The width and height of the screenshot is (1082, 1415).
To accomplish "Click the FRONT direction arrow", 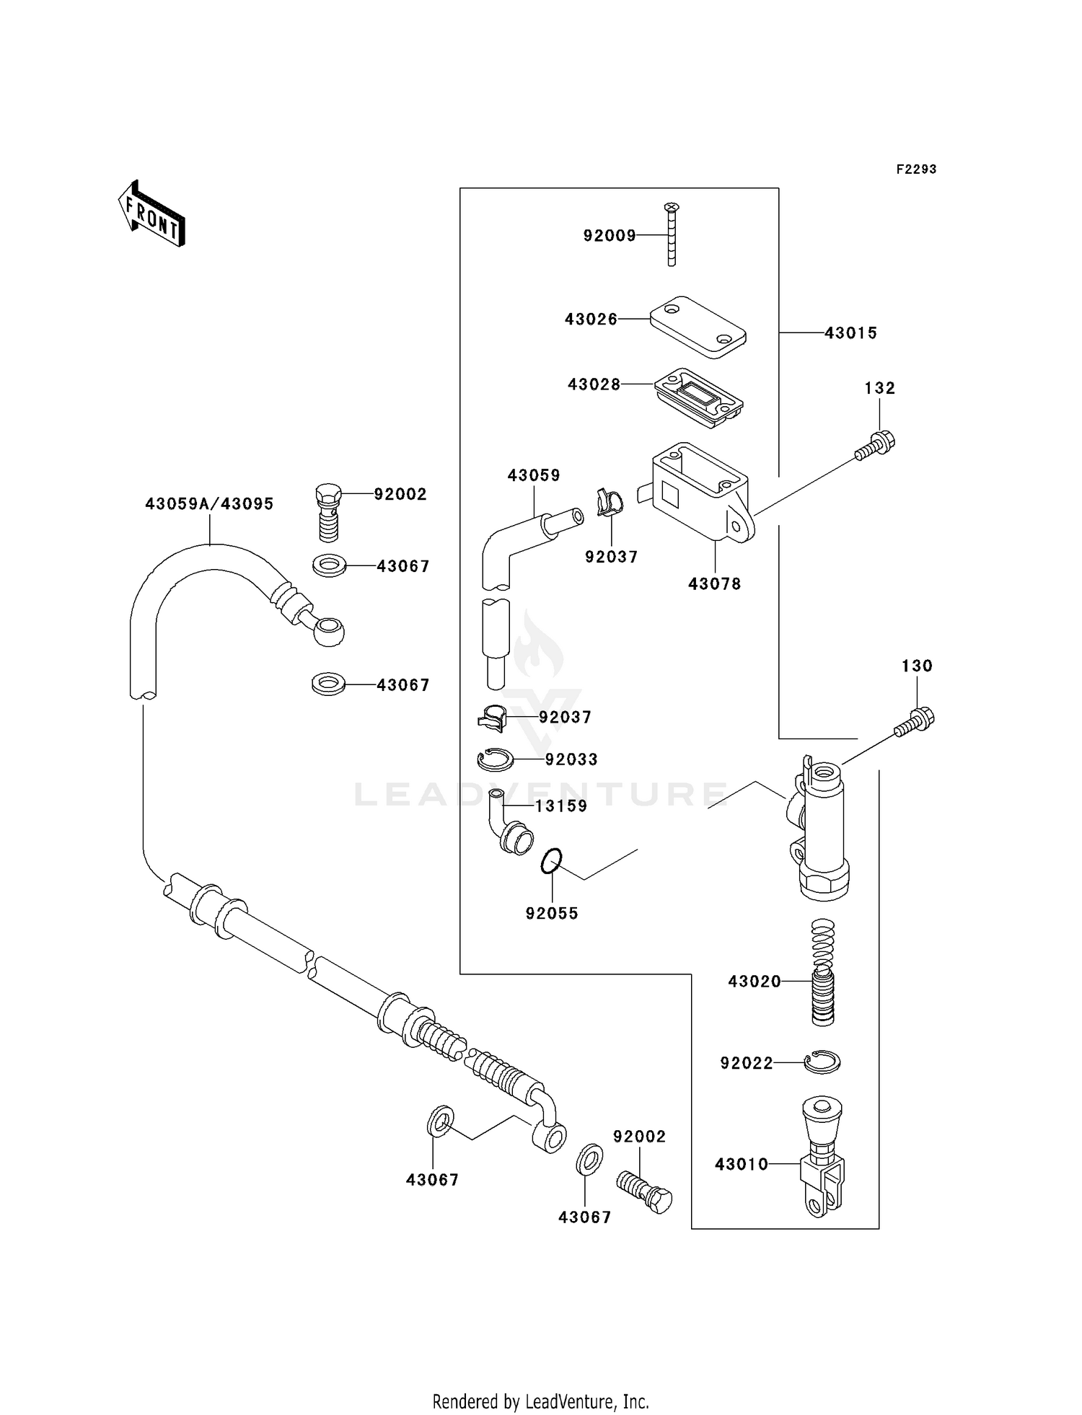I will coord(152,214).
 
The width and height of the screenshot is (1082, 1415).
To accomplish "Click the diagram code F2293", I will coord(916,169).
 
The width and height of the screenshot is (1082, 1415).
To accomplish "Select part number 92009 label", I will coord(610,236).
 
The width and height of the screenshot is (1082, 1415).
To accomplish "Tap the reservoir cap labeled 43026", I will coord(698,327).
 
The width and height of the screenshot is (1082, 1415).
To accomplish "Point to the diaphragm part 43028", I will coord(698,399).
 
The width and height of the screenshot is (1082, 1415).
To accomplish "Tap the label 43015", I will coord(850,333).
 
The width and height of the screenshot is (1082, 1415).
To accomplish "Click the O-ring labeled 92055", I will coord(552,861).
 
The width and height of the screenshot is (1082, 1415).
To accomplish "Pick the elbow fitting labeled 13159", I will coord(512,826).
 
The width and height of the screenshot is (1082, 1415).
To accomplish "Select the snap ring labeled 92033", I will coord(495,759).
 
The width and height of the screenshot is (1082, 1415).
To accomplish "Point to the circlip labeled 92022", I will coord(822,1062).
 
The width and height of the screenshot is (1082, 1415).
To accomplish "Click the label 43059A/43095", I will coord(209,504).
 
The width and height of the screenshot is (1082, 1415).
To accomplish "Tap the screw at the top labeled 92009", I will coord(672,234).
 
